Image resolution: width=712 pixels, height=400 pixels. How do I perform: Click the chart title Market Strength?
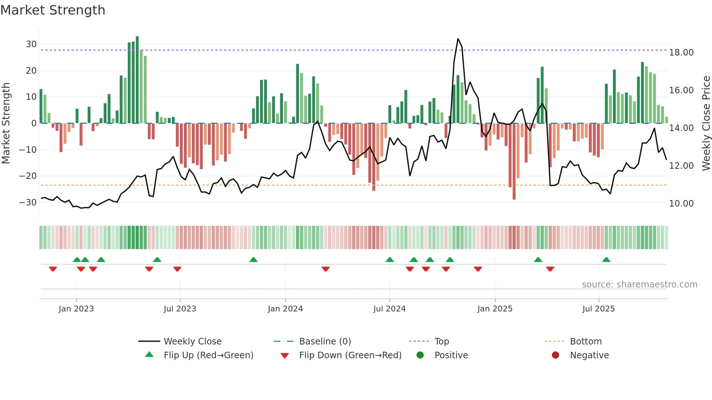pos(53,10)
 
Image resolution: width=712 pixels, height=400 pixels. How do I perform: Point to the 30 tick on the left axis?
pos(31,44)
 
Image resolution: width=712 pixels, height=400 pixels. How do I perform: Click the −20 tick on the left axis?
pos(28,176)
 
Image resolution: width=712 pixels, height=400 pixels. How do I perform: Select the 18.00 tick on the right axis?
pos(681,53)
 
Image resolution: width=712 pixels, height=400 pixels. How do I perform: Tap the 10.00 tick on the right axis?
pos(681,204)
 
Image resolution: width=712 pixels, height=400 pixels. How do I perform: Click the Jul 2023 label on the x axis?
pos(180,309)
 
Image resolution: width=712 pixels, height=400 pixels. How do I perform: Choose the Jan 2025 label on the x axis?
pos(495,309)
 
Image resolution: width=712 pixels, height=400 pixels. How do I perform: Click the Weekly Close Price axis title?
pos(706,123)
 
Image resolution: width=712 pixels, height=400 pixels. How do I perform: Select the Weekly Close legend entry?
pos(192,342)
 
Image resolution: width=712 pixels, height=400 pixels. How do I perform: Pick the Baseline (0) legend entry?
pos(325,342)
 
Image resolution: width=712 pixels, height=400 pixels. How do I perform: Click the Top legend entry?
pos(441,342)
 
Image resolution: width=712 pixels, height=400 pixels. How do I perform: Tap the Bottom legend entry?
pos(586,342)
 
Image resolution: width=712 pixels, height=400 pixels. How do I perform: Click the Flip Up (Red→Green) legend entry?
pos(208,355)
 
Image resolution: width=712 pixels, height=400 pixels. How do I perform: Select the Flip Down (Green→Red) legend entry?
pos(350,355)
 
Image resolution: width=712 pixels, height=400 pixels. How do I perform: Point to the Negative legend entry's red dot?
pos(555,355)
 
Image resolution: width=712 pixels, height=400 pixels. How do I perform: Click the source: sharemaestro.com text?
pos(639,285)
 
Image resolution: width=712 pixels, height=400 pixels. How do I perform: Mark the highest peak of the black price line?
pos(458,39)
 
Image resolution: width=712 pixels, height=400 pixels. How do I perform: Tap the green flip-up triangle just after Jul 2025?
pos(606,260)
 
